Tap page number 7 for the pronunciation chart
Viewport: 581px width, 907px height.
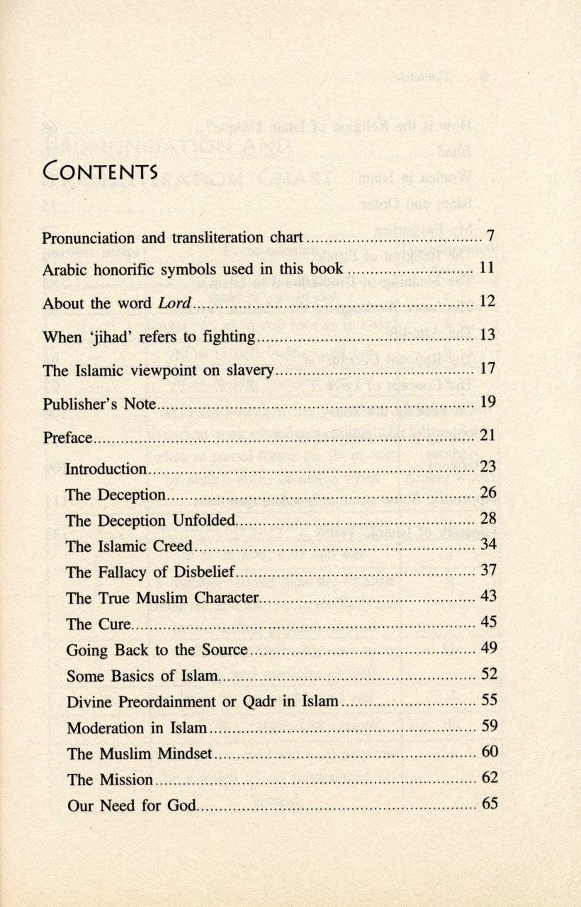coord(490,236)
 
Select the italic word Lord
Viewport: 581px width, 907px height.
coord(173,303)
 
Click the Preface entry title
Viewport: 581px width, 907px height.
coord(67,437)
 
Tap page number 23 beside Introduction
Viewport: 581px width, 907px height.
coord(488,467)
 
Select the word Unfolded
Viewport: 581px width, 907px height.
coord(202,520)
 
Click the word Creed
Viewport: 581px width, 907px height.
coord(172,546)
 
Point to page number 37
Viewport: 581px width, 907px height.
coord(488,570)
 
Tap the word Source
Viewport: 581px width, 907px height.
coord(224,649)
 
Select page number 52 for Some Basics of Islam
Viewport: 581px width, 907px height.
coord(488,674)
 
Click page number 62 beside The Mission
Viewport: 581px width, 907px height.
coord(489,777)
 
